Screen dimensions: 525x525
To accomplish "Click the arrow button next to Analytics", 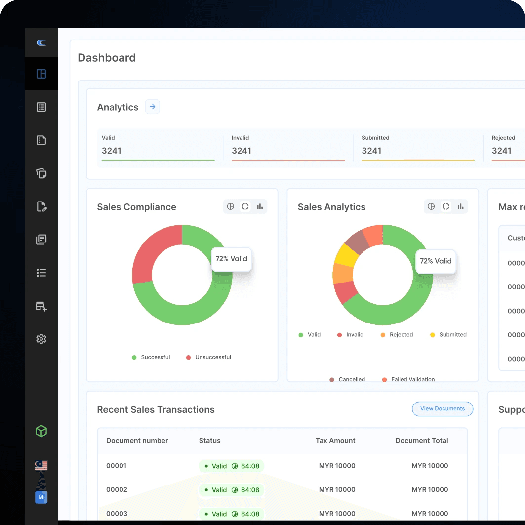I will point(153,107).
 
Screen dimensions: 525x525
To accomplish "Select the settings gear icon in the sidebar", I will point(41,339).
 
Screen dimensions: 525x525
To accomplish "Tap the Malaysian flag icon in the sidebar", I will point(41,465).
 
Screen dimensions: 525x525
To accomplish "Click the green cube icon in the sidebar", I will point(41,432).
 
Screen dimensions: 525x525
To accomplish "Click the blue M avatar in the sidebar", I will point(41,497).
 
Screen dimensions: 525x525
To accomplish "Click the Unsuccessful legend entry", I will point(212,357).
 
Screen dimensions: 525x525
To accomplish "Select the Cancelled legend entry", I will point(351,379).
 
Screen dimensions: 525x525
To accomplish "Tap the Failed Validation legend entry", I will point(412,379).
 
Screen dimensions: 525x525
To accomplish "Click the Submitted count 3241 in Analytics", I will point(371,151).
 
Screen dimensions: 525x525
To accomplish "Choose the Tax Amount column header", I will point(335,441).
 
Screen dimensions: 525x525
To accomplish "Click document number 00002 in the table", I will point(117,490).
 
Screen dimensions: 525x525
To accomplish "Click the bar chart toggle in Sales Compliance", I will point(260,206).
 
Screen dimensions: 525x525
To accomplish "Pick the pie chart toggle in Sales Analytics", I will point(431,206).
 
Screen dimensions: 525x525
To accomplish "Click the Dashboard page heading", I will point(107,58).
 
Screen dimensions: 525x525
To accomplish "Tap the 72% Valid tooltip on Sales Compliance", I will point(232,259).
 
